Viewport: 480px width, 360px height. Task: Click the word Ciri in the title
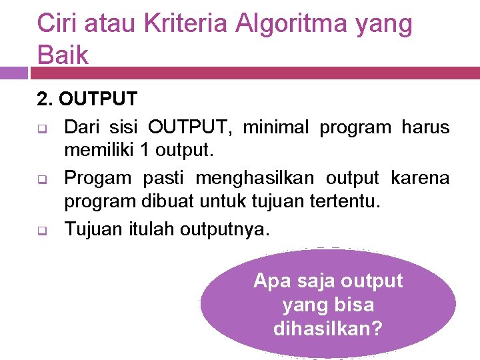click(55, 23)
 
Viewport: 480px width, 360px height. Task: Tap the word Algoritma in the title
click(289, 25)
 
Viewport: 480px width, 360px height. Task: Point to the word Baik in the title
click(63, 55)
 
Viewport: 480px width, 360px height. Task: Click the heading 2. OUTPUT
click(87, 99)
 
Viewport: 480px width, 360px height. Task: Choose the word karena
click(420, 178)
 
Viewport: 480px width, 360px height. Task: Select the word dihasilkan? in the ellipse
click(327, 329)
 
